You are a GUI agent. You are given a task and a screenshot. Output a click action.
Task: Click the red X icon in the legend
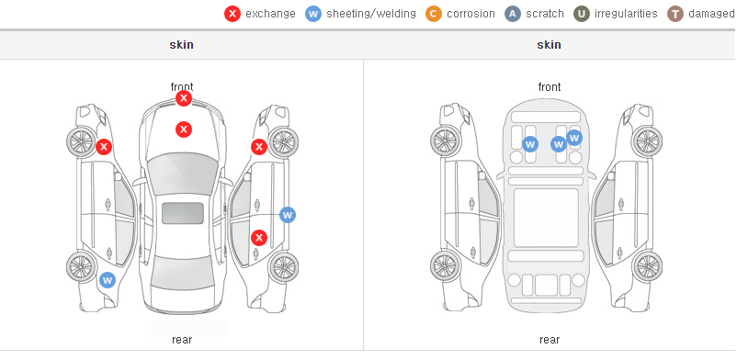232,14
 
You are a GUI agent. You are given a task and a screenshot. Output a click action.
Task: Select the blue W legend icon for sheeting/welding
313,14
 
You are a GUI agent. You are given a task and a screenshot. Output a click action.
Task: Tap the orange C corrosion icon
434,14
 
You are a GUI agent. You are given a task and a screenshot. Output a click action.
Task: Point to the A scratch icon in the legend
513,14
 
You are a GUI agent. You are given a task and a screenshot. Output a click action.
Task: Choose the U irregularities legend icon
582,14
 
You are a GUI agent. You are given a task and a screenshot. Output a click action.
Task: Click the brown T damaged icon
675,14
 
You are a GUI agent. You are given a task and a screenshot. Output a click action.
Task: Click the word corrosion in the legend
471,14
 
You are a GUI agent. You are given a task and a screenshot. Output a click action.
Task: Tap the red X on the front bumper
184,98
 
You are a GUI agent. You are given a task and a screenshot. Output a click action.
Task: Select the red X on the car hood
184,129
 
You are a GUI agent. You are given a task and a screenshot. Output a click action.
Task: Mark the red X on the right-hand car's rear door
259,238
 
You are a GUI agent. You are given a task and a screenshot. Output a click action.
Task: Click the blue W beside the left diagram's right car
288,215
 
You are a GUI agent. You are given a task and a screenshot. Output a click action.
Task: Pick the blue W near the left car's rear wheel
108,281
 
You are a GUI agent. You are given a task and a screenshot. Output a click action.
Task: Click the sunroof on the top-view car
183,213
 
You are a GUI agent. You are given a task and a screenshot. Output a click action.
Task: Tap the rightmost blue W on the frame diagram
574,138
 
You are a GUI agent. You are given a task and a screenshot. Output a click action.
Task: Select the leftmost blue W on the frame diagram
530,144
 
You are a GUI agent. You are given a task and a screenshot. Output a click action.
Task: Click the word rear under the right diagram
550,340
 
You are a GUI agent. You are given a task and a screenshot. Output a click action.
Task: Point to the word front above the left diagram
182,87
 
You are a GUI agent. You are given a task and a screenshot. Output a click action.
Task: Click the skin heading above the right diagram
549,45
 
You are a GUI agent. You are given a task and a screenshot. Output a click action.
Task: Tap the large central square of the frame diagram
546,218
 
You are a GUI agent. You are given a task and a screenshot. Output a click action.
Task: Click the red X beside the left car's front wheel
104,147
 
